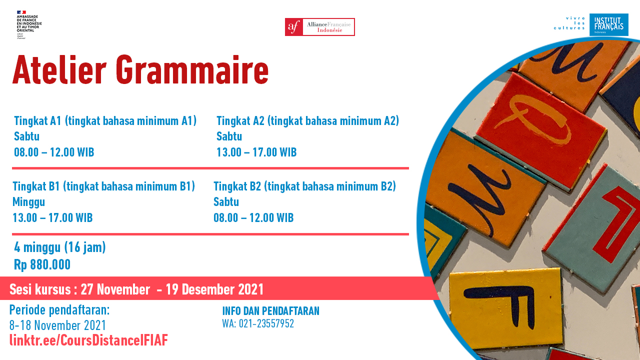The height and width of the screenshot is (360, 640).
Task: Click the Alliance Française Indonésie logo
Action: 319,27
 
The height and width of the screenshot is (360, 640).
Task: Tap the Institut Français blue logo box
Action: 609,24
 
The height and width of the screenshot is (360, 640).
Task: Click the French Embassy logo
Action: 29,24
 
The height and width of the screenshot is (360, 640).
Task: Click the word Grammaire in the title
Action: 192,70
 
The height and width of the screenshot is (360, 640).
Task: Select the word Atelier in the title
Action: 59,70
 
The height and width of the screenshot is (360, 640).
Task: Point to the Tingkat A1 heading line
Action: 105,121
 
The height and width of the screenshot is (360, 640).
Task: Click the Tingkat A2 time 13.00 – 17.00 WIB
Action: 256,152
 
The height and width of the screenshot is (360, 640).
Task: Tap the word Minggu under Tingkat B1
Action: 29,202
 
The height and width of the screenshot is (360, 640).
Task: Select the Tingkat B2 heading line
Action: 305,186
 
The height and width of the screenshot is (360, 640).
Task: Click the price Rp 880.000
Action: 42,264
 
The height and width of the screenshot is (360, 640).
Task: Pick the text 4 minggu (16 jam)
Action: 60,247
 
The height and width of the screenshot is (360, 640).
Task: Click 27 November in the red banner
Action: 115,289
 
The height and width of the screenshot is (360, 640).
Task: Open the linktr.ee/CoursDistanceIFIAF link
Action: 89,340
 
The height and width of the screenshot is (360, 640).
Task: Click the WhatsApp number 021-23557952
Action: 266,323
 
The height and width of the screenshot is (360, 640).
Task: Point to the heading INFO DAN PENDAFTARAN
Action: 271,311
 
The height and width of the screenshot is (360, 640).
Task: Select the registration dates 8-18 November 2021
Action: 57,325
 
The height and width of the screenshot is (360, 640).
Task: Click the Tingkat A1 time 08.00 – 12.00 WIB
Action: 54,152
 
